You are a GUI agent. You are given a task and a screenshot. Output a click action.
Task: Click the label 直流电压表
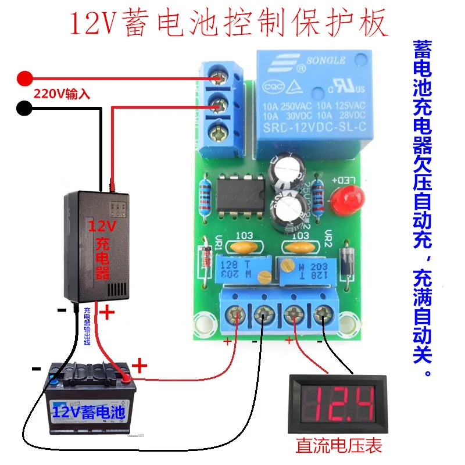[339, 446]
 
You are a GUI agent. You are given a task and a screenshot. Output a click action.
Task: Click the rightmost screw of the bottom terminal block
[320, 316]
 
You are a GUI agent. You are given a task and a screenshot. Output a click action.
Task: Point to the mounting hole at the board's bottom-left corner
[204, 323]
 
